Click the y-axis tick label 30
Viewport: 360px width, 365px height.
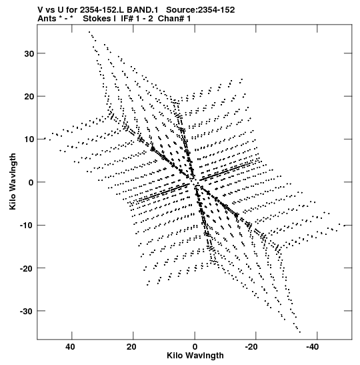tap(29, 54)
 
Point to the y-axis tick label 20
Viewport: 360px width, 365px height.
tap(29, 97)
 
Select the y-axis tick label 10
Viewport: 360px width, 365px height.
tap(29, 139)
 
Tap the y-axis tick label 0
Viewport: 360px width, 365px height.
tap(31, 183)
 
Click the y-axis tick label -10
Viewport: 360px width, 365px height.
tap(27, 226)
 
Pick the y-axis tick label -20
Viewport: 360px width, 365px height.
tap(27, 268)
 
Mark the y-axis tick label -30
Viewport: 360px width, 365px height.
tap(27, 311)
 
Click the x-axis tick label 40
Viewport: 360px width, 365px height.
tap(70, 347)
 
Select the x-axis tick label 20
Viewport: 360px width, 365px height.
tap(131, 347)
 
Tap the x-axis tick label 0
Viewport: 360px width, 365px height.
tap(195, 347)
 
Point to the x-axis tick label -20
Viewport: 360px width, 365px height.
tap(251, 347)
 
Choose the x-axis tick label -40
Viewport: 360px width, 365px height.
tap(312, 347)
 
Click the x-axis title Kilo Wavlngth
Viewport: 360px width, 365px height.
tap(195, 356)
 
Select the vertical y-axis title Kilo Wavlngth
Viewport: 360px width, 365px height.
tap(13, 181)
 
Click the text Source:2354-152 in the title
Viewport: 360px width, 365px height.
tap(201, 10)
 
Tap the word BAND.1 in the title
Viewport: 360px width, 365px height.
tap(142, 10)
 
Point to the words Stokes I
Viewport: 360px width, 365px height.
tap(99, 19)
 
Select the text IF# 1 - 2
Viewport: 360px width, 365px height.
tap(137, 19)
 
